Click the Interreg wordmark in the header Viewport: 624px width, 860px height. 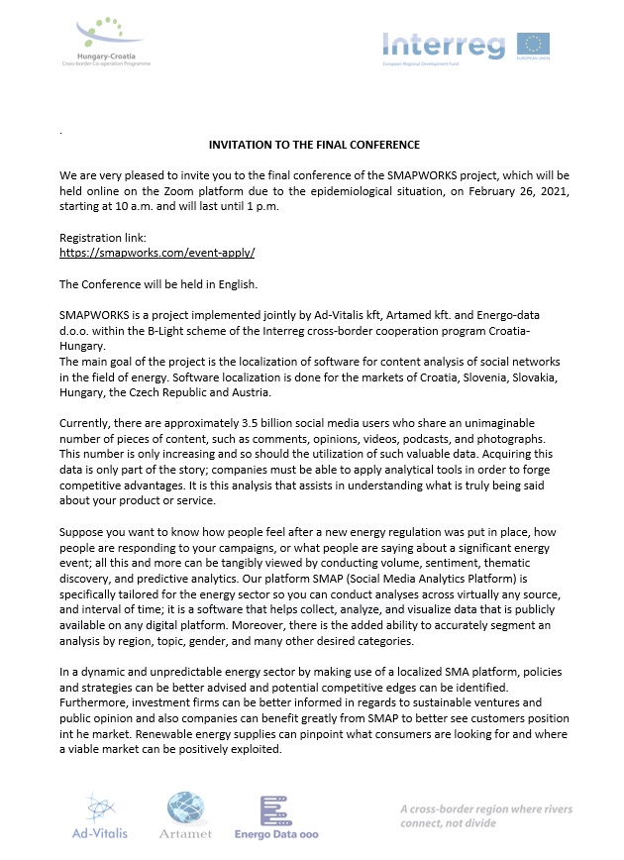tap(445, 45)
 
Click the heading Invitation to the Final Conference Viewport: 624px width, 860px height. tap(314, 145)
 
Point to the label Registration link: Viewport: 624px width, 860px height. tap(103, 239)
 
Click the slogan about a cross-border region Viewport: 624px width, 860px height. tap(486, 817)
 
